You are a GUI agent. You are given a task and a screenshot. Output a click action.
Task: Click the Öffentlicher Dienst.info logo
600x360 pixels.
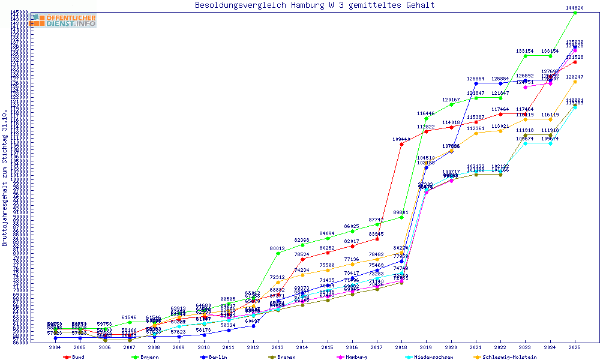[64, 20]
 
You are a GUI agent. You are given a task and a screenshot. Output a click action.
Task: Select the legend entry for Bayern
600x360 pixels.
[148, 357]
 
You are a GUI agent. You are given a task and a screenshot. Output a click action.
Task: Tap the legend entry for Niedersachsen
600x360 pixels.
[430, 357]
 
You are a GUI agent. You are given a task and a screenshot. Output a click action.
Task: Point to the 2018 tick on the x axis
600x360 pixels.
[401, 347]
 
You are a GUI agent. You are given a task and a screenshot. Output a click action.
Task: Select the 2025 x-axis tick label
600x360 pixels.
[575, 347]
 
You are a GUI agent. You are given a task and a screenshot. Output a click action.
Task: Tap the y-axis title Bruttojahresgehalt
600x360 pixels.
[5, 178]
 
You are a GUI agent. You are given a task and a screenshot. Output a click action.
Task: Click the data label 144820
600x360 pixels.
[575, 8]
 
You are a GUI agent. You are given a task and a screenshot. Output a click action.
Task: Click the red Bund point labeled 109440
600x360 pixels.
[401, 144]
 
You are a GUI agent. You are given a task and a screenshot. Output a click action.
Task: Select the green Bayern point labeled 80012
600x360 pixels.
[278, 253]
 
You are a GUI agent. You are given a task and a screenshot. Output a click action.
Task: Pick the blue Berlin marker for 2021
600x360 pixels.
[476, 83]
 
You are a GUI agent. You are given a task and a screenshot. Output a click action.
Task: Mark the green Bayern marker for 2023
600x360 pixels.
[525, 56]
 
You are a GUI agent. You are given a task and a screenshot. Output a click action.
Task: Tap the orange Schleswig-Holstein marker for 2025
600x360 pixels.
[575, 82]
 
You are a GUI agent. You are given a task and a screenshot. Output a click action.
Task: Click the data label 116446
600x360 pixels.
[426, 113]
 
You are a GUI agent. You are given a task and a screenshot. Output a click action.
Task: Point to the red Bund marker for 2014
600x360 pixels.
[302, 259]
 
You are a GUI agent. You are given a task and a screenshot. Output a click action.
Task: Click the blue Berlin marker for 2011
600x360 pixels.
[229, 330]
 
